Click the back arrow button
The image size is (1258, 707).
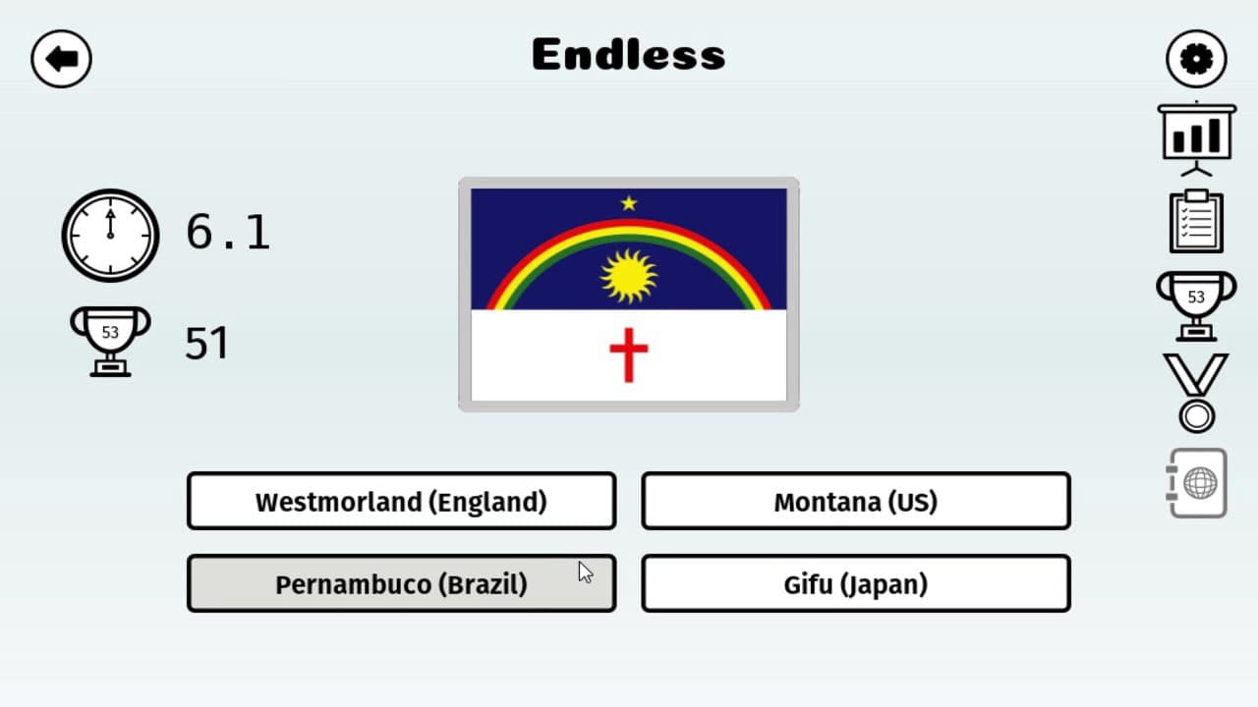61,59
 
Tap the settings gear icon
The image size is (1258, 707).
1196,59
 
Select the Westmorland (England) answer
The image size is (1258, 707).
402,501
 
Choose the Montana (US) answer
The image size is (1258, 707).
856,501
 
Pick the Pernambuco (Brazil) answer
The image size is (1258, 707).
402,583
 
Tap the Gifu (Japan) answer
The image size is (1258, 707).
856,583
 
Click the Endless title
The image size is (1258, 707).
628,54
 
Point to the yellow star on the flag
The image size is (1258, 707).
629,202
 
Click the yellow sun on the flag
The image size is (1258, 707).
628,277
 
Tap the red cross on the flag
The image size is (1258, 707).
628,355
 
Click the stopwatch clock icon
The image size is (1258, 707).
110,235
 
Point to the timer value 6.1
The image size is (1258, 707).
228,232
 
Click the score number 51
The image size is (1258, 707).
207,343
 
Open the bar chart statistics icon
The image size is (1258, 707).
1197,138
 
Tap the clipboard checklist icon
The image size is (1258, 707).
1197,221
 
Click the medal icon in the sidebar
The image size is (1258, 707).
1197,394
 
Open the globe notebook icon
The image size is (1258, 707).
1197,483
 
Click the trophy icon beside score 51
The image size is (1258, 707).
110,341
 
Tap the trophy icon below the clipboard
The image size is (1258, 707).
1196,305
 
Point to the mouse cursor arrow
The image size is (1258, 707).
585,572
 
